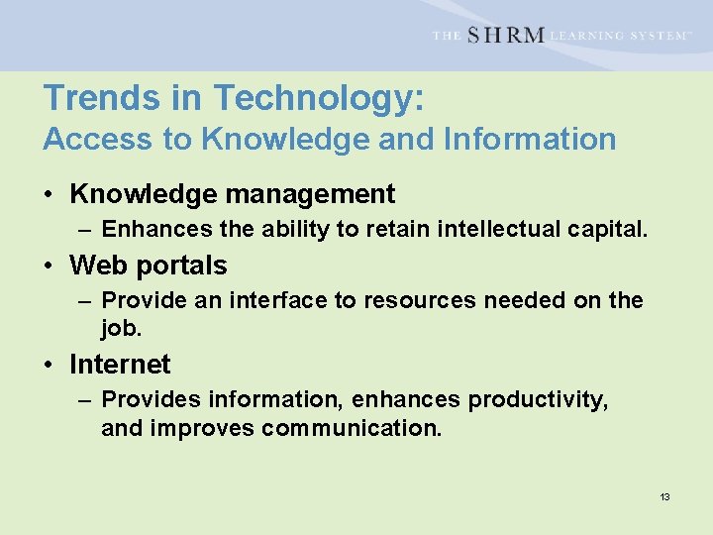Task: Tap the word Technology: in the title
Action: tap(319, 98)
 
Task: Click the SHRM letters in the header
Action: tap(505, 36)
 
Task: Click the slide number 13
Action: tap(664, 496)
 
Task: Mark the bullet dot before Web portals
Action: tap(49, 267)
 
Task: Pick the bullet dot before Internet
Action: tap(49, 366)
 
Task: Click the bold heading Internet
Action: tap(120, 365)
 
